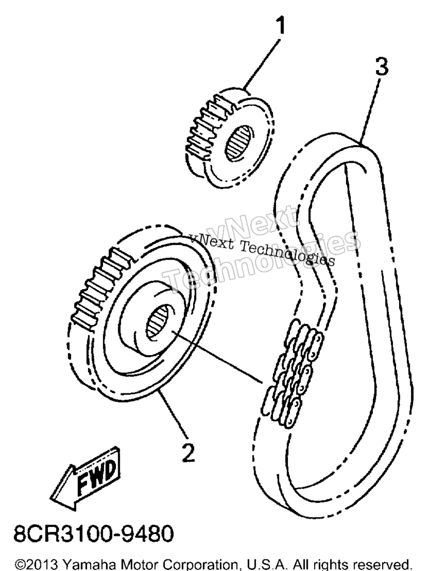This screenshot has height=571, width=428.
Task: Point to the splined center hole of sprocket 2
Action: pyautogui.click(x=158, y=321)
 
